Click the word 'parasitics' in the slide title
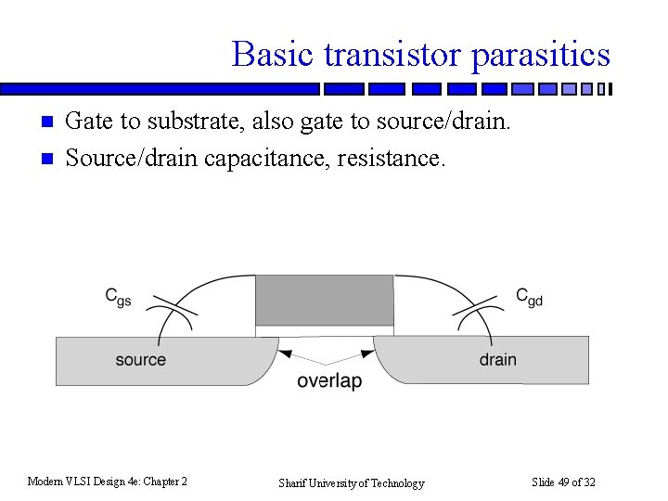coord(541,55)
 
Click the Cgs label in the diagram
coord(117,297)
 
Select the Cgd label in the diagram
coord(529,297)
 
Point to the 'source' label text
coord(141,359)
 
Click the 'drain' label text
coord(498,359)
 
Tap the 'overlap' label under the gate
coord(329,381)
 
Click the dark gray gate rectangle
coord(325,299)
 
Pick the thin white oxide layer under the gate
coord(325,330)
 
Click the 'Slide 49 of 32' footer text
coord(563,482)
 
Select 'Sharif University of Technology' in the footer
coord(352,482)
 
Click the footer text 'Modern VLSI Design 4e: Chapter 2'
coord(108,482)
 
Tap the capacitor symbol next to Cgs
coord(173,310)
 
